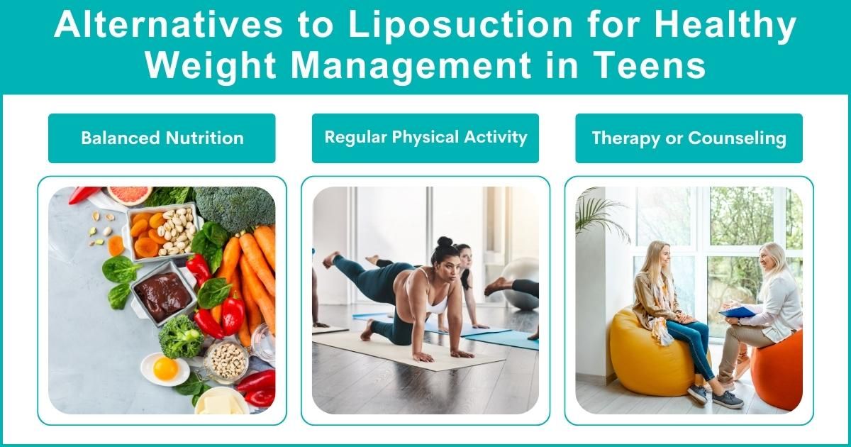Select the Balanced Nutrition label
(x=162, y=138)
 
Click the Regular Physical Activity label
(x=425, y=137)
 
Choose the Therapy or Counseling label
(x=689, y=138)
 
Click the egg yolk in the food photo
(x=165, y=368)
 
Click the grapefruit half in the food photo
(x=129, y=194)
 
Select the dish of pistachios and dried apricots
(x=162, y=231)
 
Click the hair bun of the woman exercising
(x=445, y=243)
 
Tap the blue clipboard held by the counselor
(x=738, y=312)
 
